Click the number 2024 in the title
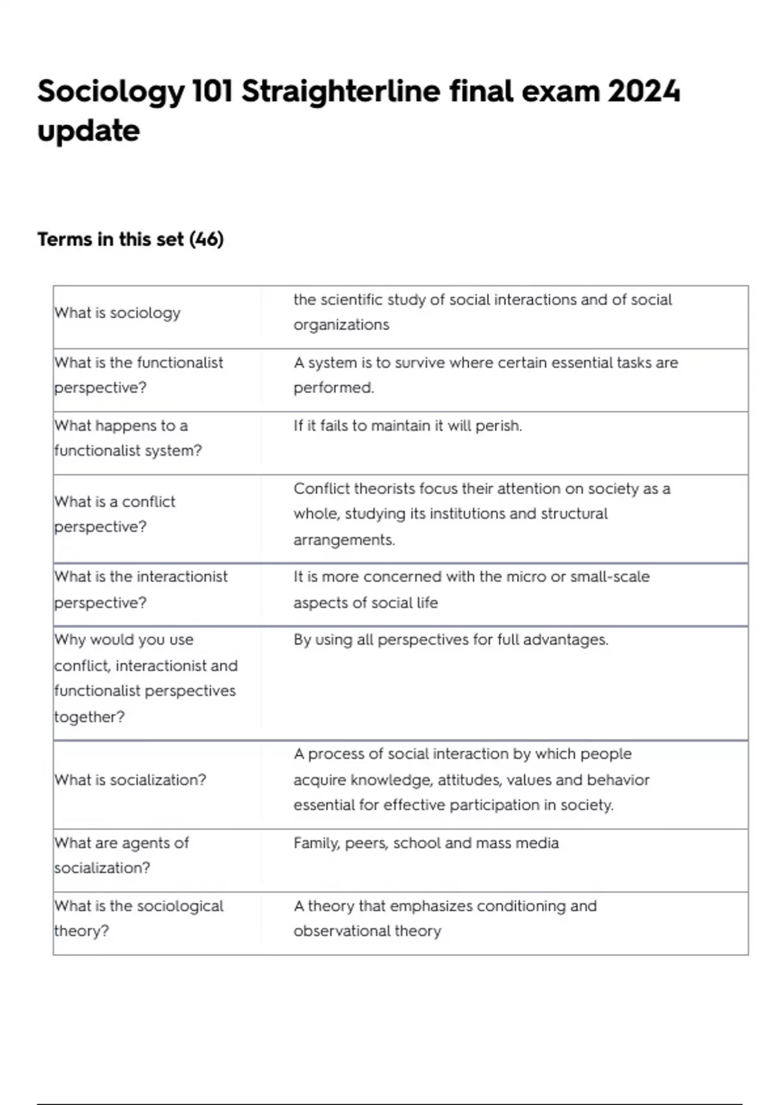[x=643, y=91]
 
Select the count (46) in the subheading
[x=206, y=239]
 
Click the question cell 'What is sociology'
[x=118, y=313]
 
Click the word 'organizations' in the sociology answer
[x=341, y=324]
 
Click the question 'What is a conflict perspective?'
[x=115, y=513]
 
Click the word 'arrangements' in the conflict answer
[x=344, y=539]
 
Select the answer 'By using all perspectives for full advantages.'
[x=450, y=640]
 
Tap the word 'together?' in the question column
[x=90, y=716]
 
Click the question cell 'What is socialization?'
[x=130, y=779]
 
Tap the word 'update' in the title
[x=88, y=131]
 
